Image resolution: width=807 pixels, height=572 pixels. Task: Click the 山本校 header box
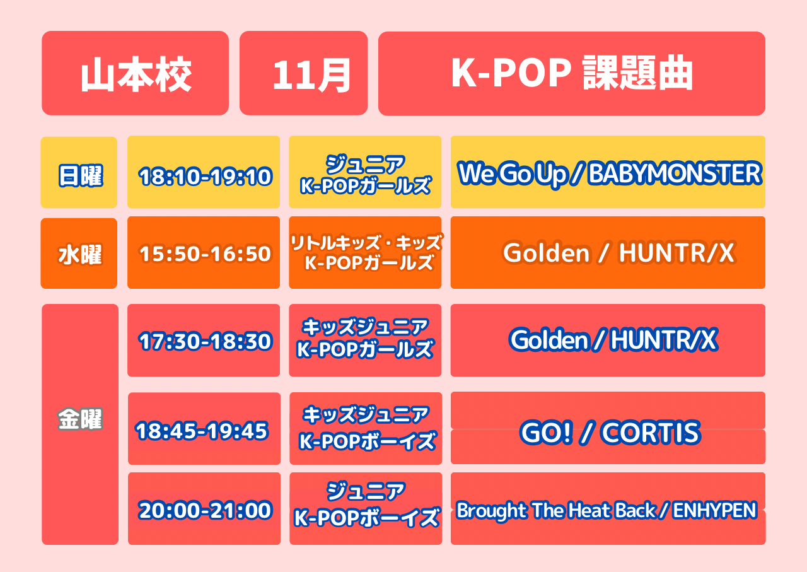click(x=135, y=73)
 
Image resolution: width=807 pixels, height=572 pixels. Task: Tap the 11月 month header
click(x=303, y=73)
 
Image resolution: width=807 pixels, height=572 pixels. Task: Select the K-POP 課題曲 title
click(x=571, y=74)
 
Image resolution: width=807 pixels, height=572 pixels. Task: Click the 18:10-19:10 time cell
click(x=204, y=172)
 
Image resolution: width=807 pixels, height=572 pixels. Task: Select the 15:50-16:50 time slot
click(x=204, y=253)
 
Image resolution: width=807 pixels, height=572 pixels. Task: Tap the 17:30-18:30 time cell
click(x=204, y=341)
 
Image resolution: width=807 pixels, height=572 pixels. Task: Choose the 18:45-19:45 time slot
click(x=204, y=429)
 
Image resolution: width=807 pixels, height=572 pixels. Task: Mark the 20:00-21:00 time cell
click(x=204, y=508)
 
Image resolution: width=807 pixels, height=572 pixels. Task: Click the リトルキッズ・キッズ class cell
click(x=365, y=253)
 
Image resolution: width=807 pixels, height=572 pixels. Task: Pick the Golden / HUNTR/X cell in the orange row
click(x=608, y=253)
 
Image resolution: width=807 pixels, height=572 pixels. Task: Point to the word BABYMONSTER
click(x=675, y=173)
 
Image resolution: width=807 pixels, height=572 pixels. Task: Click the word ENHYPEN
click(x=714, y=510)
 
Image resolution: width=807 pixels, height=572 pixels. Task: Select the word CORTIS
click(x=651, y=432)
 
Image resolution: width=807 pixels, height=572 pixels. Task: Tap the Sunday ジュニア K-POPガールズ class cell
click(x=365, y=172)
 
